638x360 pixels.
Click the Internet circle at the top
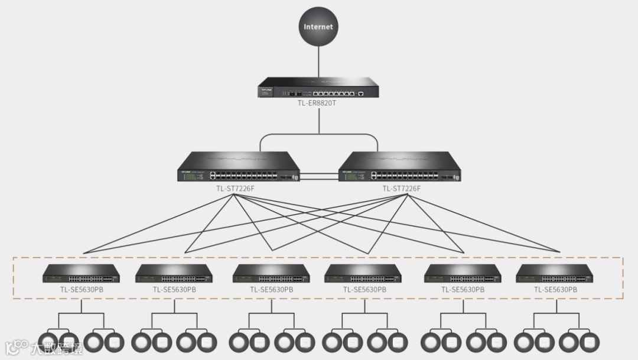(x=318, y=27)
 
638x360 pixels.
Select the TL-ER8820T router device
(x=318, y=89)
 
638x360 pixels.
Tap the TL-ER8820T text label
(x=318, y=103)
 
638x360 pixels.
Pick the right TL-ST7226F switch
(x=399, y=168)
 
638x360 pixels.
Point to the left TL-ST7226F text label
(x=235, y=189)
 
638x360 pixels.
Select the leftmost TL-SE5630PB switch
(x=82, y=274)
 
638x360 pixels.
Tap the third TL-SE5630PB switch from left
(x=271, y=274)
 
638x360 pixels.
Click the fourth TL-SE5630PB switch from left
(x=364, y=274)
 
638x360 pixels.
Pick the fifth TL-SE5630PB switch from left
(x=463, y=274)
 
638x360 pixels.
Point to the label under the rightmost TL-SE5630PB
(x=555, y=290)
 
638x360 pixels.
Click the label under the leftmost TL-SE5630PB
(x=82, y=290)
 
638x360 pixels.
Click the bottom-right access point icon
(x=589, y=342)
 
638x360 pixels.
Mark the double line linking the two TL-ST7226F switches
(x=320, y=176)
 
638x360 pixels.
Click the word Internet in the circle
(x=318, y=27)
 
